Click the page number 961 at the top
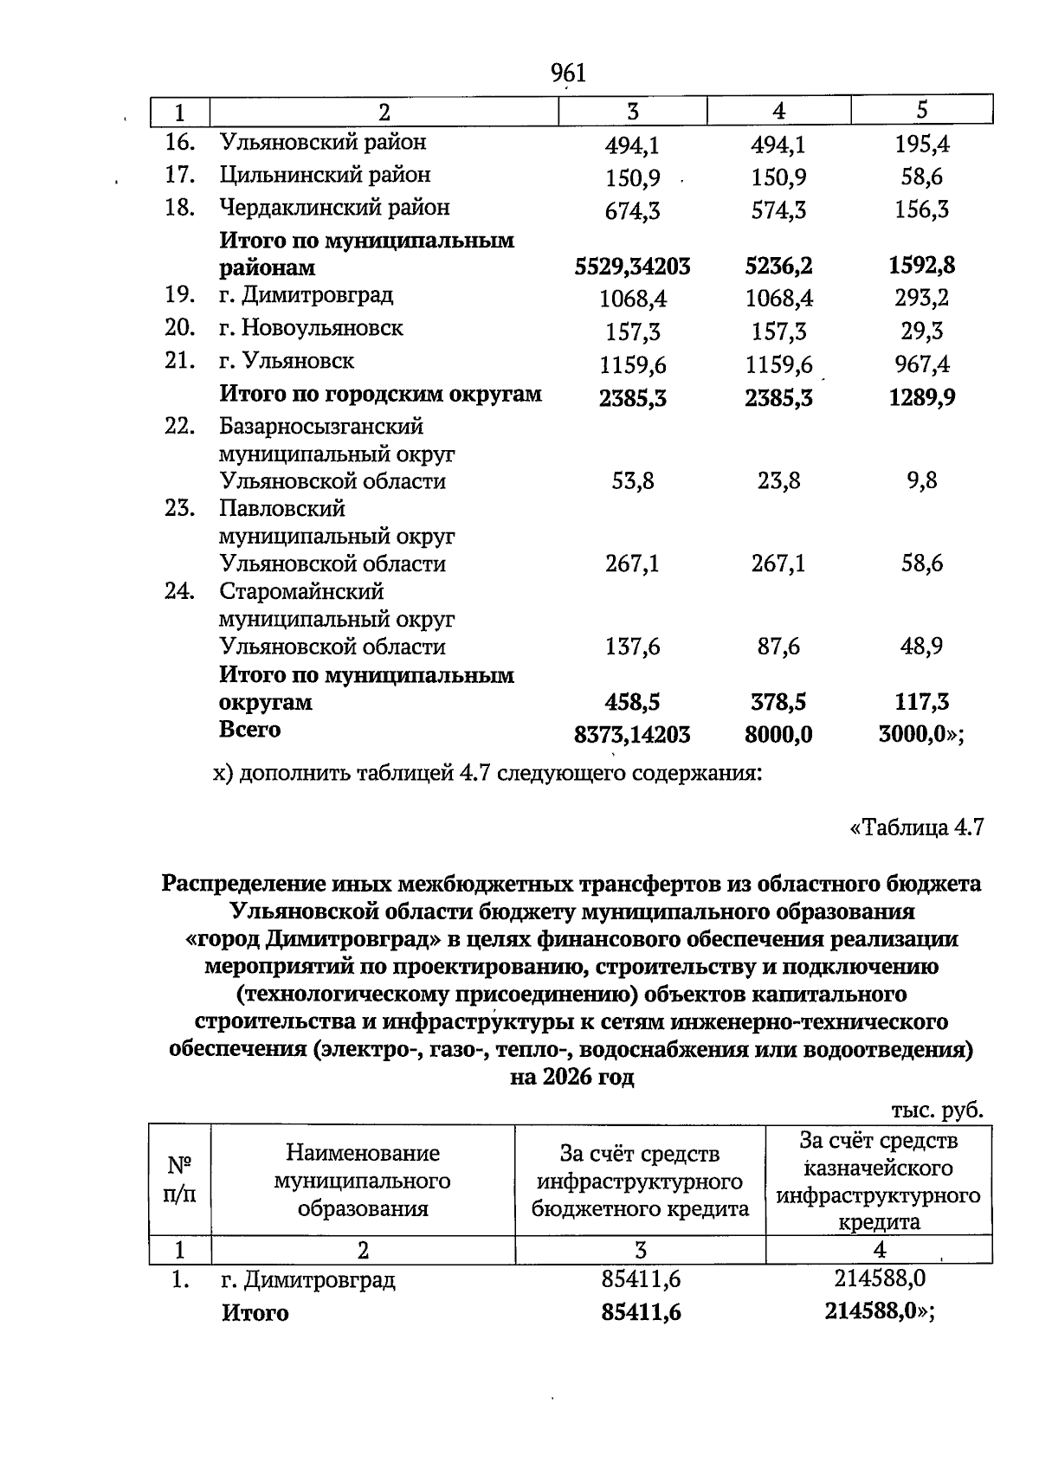coord(569,74)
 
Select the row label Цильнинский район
coord(325,175)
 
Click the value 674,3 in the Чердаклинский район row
coord(633,210)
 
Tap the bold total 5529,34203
coord(633,267)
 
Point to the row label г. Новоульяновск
coord(311,328)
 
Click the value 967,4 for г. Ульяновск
coord(922,364)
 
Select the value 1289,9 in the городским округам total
coord(922,397)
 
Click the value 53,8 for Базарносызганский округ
coord(633,481)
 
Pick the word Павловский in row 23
coord(282,508)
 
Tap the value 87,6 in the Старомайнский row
coord(778,647)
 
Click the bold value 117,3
coord(922,702)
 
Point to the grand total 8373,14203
coord(633,735)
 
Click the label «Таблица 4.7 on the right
coord(917,827)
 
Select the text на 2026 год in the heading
coord(572,1078)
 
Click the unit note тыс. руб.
coord(938,1111)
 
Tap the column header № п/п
coord(179,1179)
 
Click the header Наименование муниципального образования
coord(363,1181)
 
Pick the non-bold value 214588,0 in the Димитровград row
coord(880,1278)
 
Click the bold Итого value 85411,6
coord(642,1312)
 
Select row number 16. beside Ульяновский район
coord(179,142)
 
